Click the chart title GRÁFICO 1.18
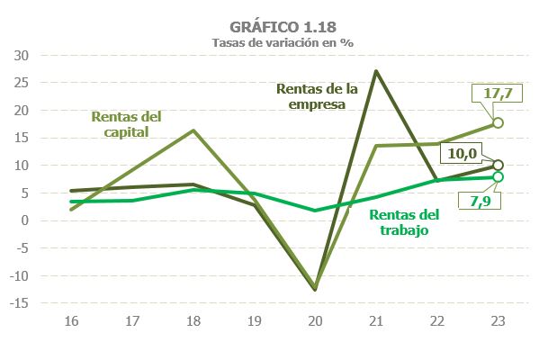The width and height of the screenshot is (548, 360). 274,26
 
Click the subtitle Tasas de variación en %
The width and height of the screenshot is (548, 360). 274,41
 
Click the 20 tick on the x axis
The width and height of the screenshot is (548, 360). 315,320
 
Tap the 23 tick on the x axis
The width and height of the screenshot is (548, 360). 499,320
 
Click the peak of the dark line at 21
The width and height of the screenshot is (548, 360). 375,71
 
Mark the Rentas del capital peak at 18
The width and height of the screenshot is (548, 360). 194,130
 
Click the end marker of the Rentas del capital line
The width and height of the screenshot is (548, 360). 499,122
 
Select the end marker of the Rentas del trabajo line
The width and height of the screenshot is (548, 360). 499,176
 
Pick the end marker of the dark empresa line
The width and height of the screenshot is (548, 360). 499,165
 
